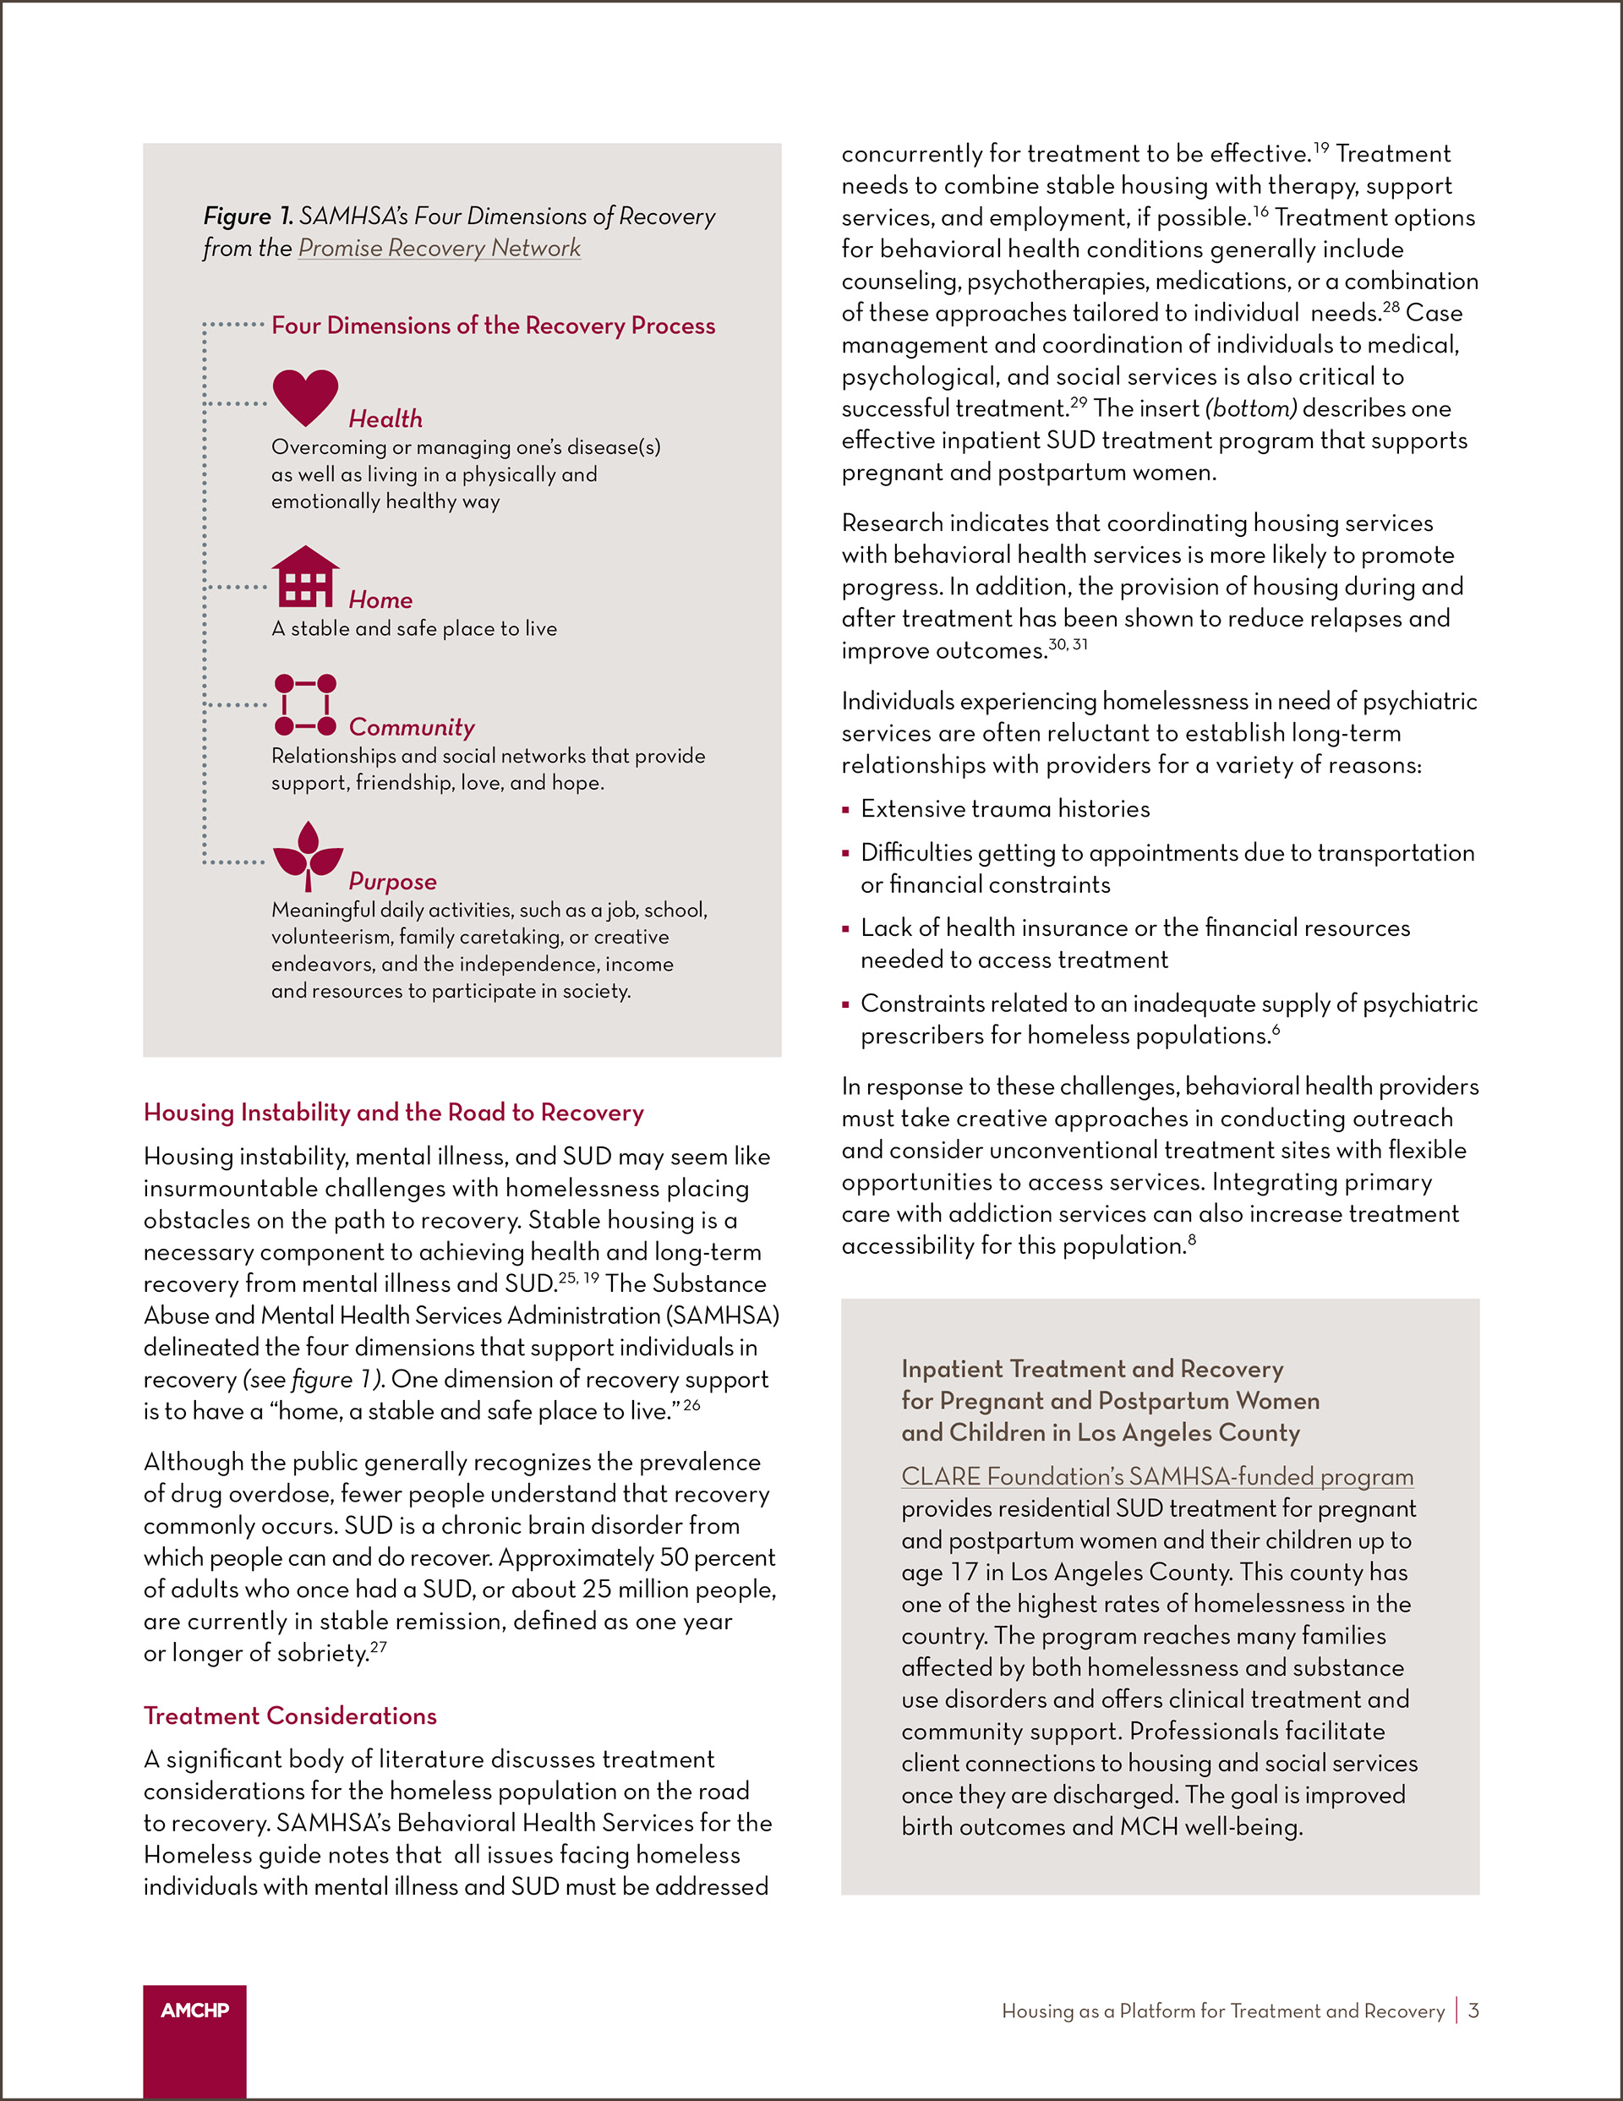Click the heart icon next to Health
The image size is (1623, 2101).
(305, 396)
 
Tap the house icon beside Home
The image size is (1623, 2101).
(305, 577)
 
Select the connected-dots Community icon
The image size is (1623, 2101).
(305, 704)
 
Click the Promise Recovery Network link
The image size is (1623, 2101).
(439, 249)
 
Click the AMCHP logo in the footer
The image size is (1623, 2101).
(194, 2011)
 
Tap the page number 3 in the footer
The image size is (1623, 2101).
(1473, 2011)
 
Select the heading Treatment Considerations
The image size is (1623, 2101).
(290, 1715)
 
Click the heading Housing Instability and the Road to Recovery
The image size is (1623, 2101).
(393, 1112)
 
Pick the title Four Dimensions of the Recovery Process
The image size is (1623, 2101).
(493, 326)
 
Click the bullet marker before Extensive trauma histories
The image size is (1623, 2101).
(845, 810)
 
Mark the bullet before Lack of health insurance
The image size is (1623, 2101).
(845, 929)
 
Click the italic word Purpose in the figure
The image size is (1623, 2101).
(391, 881)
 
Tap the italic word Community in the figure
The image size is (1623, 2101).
(411, 727)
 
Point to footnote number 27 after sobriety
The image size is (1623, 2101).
(378, 1647)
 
